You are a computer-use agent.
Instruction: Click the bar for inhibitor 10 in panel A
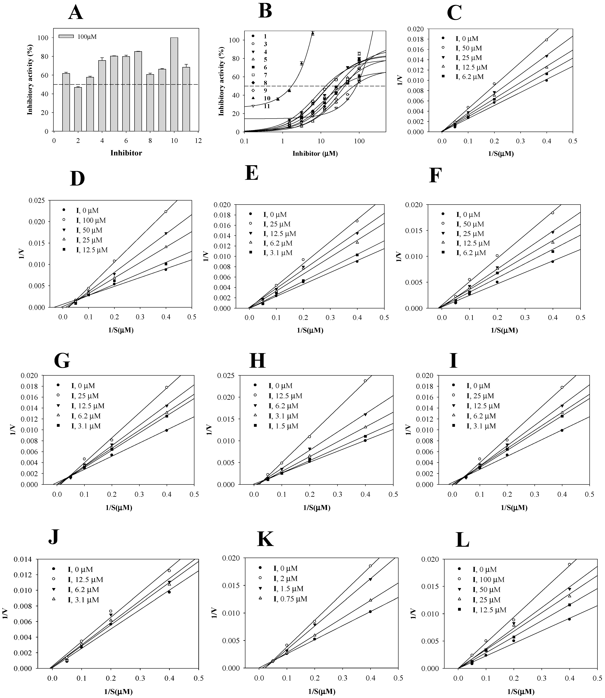174,84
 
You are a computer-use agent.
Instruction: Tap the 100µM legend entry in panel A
78,36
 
